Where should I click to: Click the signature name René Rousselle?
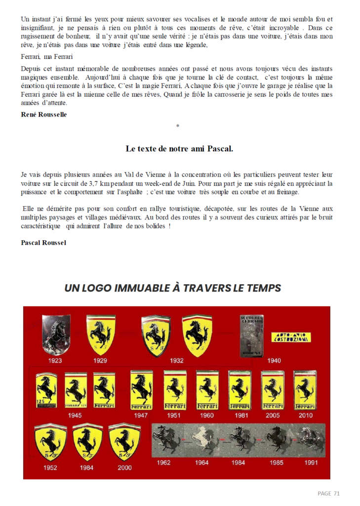43,115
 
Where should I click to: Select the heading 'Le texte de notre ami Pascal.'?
179,148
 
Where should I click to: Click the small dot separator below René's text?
177,126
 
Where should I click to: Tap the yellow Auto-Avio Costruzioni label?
291,337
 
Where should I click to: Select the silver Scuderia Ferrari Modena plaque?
251,335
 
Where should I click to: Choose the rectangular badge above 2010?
305,390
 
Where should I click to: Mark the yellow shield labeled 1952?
50,442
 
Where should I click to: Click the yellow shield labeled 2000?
124,442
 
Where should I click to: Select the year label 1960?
207,415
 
